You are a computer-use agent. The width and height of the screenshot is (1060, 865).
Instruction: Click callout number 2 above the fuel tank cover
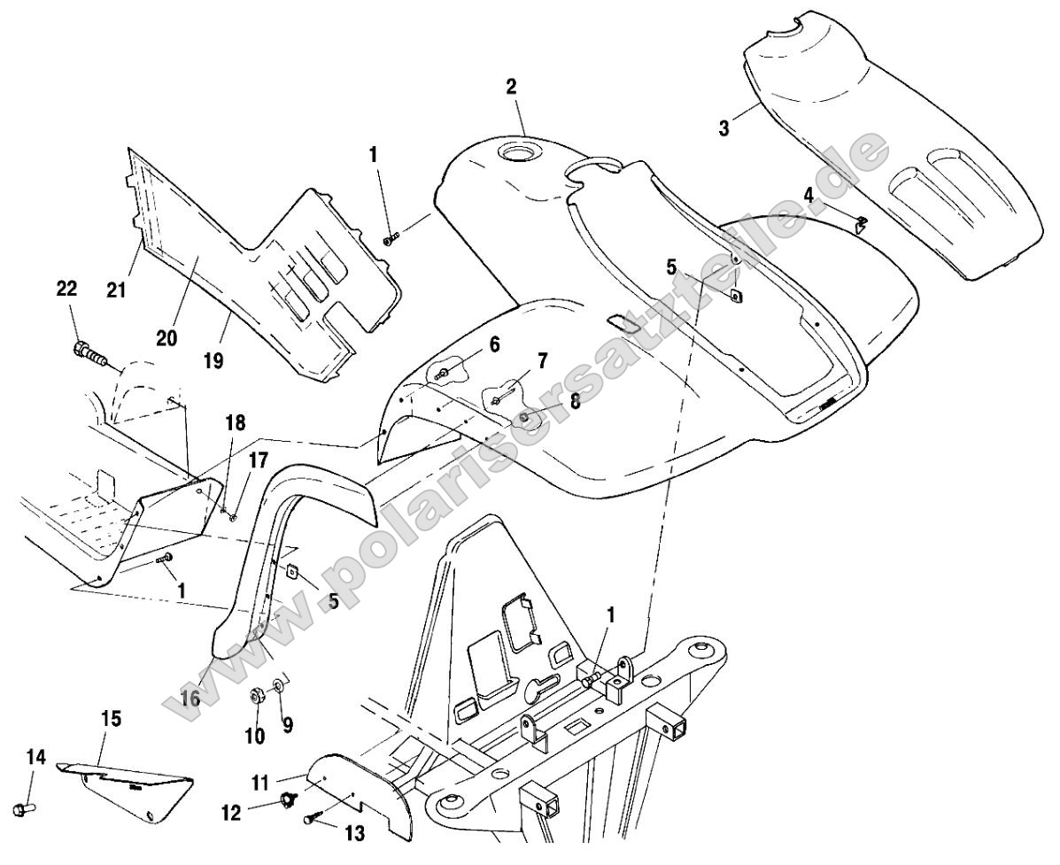[x=511, y=87]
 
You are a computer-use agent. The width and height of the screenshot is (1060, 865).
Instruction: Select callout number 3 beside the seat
[x=724, y=127]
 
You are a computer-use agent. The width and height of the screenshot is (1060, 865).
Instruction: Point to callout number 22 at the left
[x=66, y=290]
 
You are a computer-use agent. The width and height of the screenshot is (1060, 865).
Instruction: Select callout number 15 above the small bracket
[x=111, y=717]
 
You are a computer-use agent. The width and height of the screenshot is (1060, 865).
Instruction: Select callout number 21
[x=116, y=290]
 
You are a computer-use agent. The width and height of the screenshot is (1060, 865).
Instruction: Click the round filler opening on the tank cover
[x=515, y=151]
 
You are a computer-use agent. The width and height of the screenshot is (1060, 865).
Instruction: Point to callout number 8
[x=575, y=401]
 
